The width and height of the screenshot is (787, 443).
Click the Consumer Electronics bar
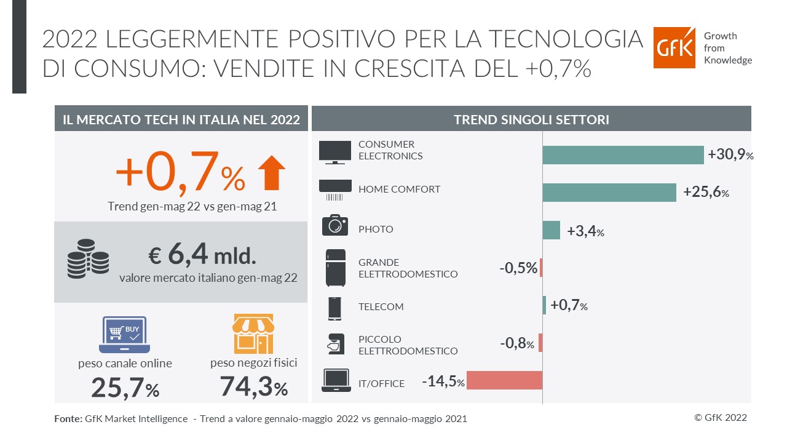point(622,155)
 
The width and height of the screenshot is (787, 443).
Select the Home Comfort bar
point(609,193)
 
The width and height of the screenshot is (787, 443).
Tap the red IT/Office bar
point(504,380)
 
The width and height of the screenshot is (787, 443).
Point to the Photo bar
point(551,230)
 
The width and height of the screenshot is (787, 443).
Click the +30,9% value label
point(730,155)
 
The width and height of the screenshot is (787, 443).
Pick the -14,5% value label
point(443,381)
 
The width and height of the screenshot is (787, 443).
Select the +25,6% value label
point(706,193)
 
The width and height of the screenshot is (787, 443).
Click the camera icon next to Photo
point(335,225)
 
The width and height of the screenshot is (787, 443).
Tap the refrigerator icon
point(335,268)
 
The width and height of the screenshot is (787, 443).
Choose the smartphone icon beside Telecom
point(335,308)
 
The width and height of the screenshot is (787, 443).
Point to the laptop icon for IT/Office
point(336,381)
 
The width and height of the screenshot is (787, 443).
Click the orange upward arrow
point(271,173)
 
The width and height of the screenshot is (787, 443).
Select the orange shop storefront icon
point(253,333)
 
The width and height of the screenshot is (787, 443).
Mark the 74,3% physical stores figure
point(253,388)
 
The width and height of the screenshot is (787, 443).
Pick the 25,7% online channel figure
point(125,388)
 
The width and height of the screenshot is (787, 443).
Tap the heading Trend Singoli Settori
point(531,119)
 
